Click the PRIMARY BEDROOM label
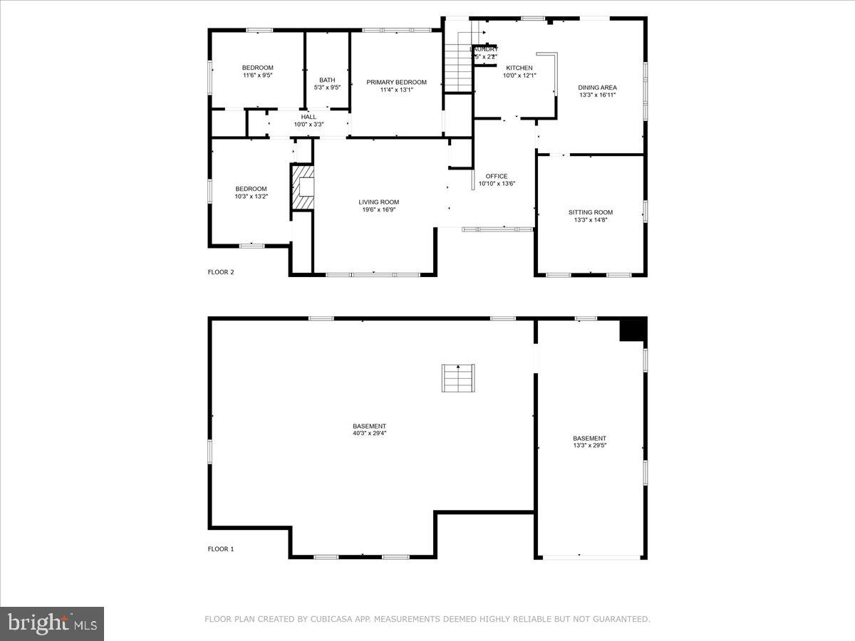point(396,82)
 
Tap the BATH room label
point(327,80)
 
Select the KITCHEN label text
point(519,68)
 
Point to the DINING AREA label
point(597,88)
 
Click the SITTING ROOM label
point(590,212)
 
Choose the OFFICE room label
point(496,176)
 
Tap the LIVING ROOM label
point(378,202)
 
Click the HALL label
point(309,117)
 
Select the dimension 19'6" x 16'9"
point(378,209)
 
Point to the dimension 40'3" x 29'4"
point(369,433)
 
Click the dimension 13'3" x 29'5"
point(589,445)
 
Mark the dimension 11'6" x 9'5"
point(257,75)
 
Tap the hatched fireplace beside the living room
point(302,188)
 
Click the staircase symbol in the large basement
point(457,377)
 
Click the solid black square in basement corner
point(632,330)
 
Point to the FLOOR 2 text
point(220,272)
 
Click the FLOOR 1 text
point(220,549)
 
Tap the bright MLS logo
point(52,623)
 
